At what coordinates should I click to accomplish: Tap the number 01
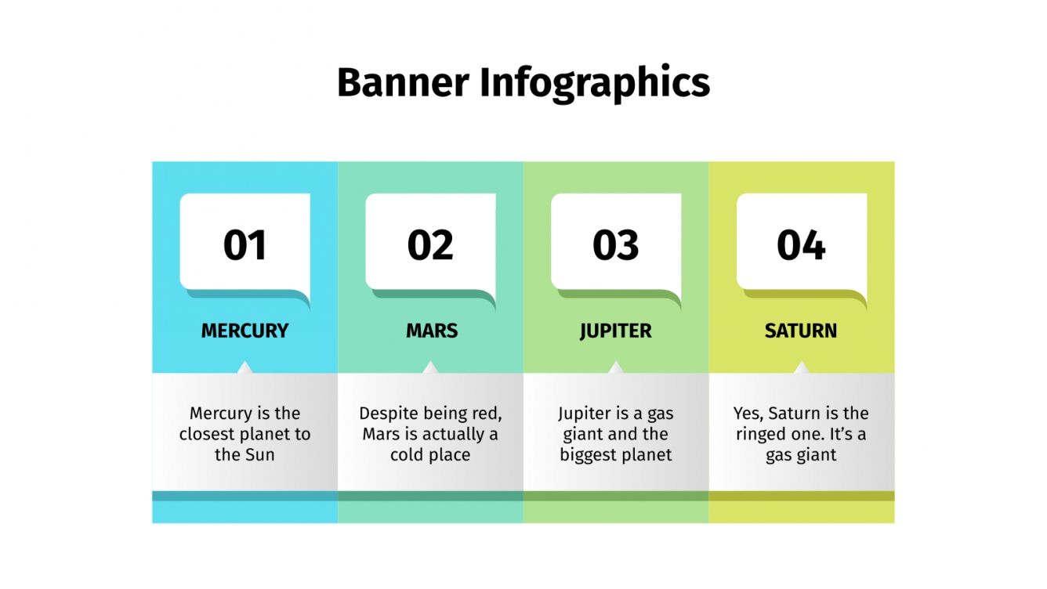pos(245,245)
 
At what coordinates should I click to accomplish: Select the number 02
pos(430,245)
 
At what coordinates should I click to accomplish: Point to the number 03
pos(616,245)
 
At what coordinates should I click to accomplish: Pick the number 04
pos(801,245)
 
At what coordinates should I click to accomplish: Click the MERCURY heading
pos(245,331)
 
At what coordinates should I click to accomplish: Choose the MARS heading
pos(431,331)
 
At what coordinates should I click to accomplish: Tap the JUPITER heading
pos(616,331)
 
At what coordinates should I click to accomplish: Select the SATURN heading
pos(801,331)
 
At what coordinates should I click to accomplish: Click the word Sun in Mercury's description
pos(259,454)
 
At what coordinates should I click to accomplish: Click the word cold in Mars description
pos(409,454)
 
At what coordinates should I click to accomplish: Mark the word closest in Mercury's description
pos(207,434)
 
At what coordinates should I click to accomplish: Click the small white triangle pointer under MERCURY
pos(245,367)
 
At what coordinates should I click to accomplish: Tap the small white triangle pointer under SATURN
pos(801,367)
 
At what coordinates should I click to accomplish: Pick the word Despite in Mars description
pos(389,414)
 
